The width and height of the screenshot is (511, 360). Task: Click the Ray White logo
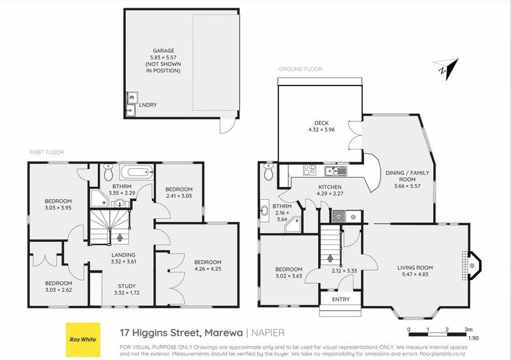coord(83,340)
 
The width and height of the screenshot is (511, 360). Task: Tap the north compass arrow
coord(447,68)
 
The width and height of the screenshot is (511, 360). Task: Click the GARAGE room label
coord(164,50)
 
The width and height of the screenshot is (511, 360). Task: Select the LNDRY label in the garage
coord(148,105)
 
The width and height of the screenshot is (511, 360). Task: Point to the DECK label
coord(321,123)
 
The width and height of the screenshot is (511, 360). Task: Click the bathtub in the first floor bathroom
coord(137,172)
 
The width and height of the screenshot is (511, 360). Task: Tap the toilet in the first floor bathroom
coord(108,172)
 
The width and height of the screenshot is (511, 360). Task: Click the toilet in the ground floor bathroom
coord(268,172)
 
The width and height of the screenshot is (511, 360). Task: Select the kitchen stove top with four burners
coord(309,170)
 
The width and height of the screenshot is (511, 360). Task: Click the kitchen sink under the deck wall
coord(336,170)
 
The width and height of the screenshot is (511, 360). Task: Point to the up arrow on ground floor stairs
coord(330,258)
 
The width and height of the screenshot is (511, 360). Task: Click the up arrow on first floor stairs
coord(119,237)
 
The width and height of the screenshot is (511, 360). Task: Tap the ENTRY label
coord(341,299)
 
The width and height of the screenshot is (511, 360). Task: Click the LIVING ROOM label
coord(415,267)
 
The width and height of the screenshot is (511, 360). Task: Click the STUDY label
coord(126,286)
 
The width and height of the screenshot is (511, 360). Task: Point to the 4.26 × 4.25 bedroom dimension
coord(208,269)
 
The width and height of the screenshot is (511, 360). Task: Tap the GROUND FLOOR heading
coord(300,69)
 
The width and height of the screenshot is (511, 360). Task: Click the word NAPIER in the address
coord(268,333)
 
